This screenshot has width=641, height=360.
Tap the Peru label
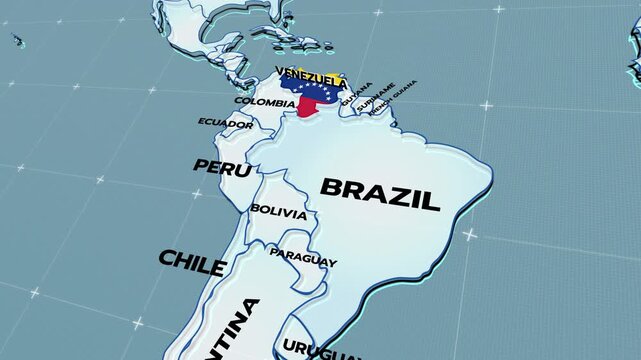223,167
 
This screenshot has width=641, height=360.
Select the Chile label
191,262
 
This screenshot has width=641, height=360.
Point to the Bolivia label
279,210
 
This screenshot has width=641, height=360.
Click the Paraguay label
303,258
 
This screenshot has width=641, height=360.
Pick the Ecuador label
224,123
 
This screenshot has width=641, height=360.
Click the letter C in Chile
166,258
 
